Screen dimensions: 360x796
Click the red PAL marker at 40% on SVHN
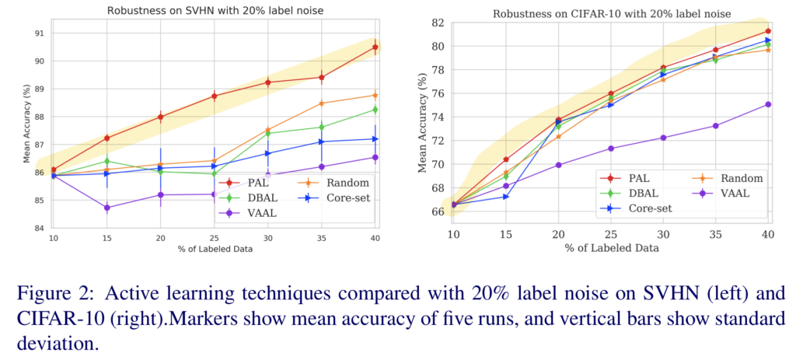click(375, 47)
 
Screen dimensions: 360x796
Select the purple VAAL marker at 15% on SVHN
click(106, 208)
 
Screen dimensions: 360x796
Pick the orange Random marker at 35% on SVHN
click(322, 103)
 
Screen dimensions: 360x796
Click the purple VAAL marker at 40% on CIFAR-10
click(768, 104)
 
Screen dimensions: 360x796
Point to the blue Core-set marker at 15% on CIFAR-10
click(505, 196)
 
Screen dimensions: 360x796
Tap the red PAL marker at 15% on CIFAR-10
click(505, 159)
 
